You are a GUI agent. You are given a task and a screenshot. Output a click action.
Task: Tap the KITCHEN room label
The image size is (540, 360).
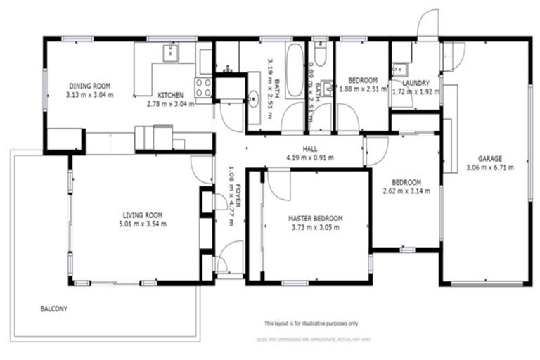(170, 95)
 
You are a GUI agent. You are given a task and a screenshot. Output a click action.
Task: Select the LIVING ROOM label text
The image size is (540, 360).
(143, 215)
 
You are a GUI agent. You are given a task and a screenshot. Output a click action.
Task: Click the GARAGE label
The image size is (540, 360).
(490, 159)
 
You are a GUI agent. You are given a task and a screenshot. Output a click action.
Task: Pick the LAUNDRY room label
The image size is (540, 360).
(416, 83)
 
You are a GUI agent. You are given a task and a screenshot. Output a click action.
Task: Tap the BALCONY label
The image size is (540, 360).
(53, 309)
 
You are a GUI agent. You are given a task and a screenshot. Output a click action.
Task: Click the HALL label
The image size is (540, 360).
(310, 149)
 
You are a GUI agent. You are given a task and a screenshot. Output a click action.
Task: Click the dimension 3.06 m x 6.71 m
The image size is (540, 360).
(490, 167)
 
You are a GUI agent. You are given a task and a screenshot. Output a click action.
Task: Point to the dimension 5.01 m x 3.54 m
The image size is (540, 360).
(143, 224)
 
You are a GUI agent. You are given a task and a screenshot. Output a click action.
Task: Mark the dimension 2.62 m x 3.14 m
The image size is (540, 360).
(406, 191)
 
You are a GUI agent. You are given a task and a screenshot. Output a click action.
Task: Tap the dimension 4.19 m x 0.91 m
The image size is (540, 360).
(310, 157)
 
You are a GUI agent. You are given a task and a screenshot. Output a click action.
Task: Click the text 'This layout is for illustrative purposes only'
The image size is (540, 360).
(311, 323)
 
